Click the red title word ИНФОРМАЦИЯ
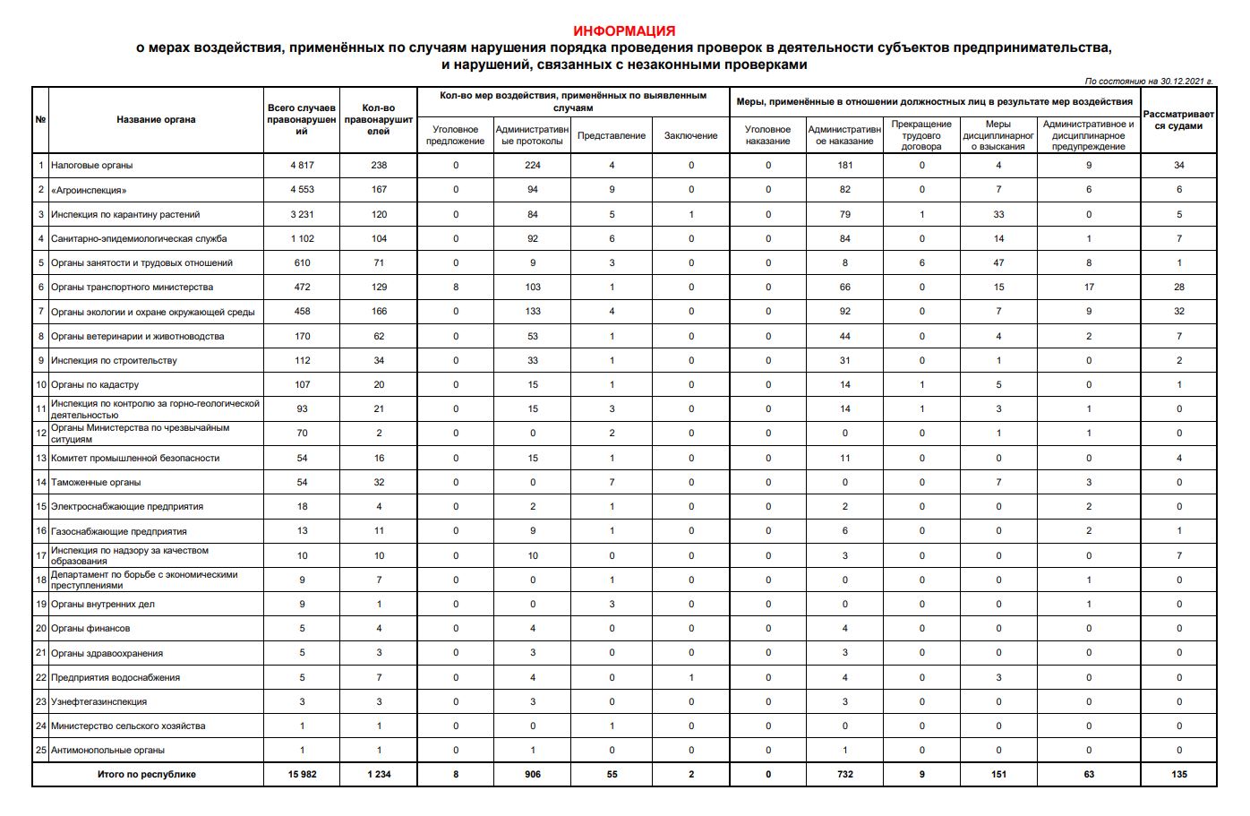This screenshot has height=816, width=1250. click(624, 31)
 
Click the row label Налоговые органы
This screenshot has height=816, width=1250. click(92, 166)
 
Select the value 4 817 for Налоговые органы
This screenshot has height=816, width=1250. click(302, 166)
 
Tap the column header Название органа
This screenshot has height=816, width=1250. click(156, 120)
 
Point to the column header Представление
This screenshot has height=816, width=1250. click(612, 136)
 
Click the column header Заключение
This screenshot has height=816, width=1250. click(690, 136)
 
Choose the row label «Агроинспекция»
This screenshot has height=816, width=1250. click(89, 190)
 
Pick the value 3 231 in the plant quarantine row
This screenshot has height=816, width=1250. click(302, 215)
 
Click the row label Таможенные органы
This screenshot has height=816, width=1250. click(96, 483)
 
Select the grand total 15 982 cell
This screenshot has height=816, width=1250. click(302, 775)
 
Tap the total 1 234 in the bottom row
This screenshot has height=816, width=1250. click(379, 775)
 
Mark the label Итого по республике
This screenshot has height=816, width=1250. click(147, 775)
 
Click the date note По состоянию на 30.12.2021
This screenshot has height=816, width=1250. click(1148, 82)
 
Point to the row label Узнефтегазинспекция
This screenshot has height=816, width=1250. click(99, 702)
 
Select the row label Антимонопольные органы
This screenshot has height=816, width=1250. click(107, 751)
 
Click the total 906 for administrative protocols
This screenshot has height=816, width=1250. click(533, 775)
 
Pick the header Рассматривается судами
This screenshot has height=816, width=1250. click(1178, 120)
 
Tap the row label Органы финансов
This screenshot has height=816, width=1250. click(90, 629)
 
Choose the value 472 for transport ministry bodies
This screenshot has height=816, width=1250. click(302, 288)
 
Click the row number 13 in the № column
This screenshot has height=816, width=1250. click(40, 459)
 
